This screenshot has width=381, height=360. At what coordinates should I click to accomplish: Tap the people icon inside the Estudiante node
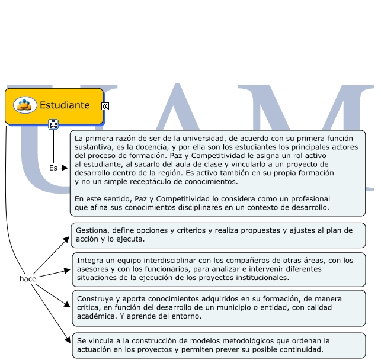pyautogui.click(x=25, y=105)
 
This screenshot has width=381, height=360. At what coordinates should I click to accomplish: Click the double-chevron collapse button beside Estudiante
pyautogui.click(x=105, y=106)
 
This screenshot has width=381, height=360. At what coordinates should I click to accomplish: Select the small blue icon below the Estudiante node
pyautogui.click(x=53, y=124)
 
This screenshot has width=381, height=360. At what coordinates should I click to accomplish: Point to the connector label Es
pyautogui.click(x=53, y=168)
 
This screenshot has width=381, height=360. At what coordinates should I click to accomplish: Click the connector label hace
pyautogui.click(x=28, y=278)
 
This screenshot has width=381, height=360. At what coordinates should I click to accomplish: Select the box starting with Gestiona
pyautogui.click(x=218, y=235)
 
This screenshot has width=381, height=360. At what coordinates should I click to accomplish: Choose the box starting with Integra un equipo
pyautogui.click(x=218, y=269)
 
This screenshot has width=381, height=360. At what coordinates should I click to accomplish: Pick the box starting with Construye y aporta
pyautogui.click(x=218, y=307)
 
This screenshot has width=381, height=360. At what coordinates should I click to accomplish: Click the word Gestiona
pyautogui.click(x=92, y=230)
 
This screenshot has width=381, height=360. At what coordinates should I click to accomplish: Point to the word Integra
pyautogui.click(x=89, y=261)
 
